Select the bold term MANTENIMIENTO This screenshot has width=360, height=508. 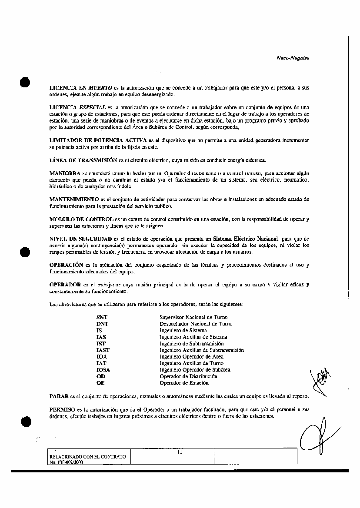click(x=73, y=199)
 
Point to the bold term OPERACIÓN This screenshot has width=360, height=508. click(x=66, y=265)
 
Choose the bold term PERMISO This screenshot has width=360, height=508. click(x=63, y=409)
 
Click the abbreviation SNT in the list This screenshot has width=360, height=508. click(x=102, y=317)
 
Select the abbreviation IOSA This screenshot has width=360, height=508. click(x=103, y=370)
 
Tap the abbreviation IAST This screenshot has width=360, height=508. click(x=103, y=350)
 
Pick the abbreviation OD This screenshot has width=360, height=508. click(x=100, y=376)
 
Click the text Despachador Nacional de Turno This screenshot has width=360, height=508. click(x=196, y=324)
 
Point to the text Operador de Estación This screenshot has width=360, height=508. click(x=184, y=383)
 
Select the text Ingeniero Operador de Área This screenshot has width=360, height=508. click(x=191, y=356)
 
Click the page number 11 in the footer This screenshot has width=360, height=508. click(x=180, y=452)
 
